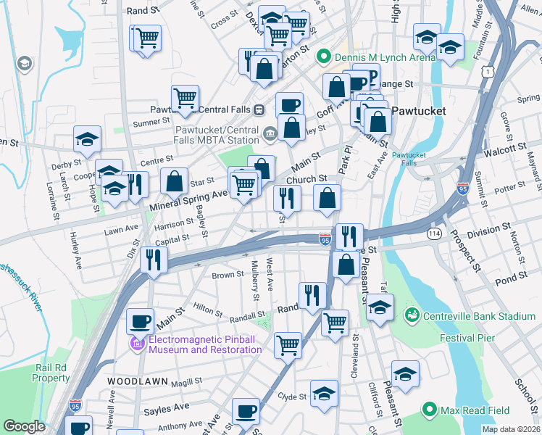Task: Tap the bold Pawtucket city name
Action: (x=417, y=112)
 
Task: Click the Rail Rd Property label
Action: (x=51, y=373)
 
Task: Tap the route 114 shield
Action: (x=434, y=233)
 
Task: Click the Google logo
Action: (x=25, y=426)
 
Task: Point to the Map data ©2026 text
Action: (x=511, y=429)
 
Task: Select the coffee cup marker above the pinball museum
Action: (x=140, y=320)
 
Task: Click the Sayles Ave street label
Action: (x=166, y=410)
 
